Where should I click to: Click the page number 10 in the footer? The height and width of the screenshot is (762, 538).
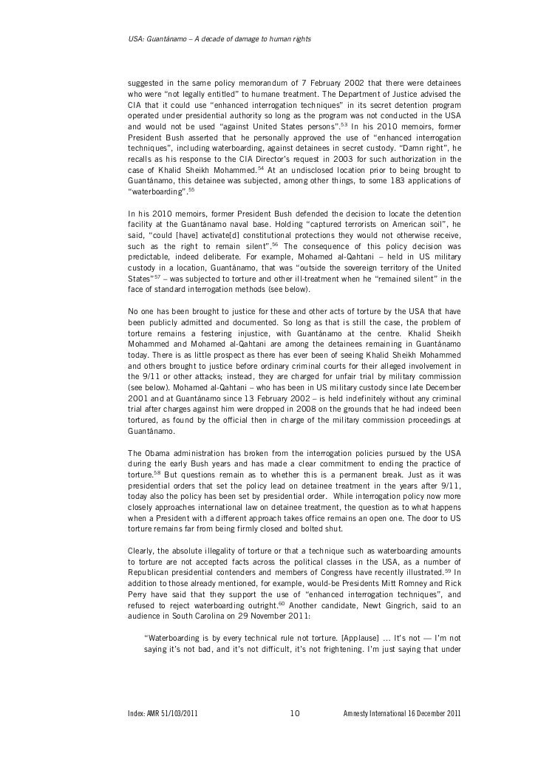coord(293,714)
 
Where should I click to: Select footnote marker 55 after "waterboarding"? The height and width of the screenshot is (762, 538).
coord(191,189)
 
